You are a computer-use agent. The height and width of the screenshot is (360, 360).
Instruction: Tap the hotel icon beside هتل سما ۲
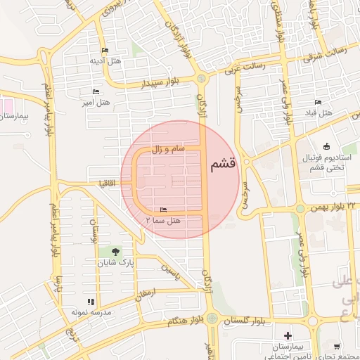(x=164, y=210)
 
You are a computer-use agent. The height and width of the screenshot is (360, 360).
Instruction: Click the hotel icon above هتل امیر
(x=96, y=92)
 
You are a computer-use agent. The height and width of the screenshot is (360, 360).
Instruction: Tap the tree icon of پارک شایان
(x=115, y=251)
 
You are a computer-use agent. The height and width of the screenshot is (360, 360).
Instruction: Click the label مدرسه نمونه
(x=87, y=311)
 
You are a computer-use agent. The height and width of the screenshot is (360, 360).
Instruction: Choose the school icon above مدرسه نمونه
(x=91, y=302)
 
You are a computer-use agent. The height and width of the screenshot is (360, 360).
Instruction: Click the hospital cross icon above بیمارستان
(x=288, y=335)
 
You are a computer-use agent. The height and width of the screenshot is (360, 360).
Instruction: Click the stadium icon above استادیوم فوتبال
(x=326, y=146)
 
